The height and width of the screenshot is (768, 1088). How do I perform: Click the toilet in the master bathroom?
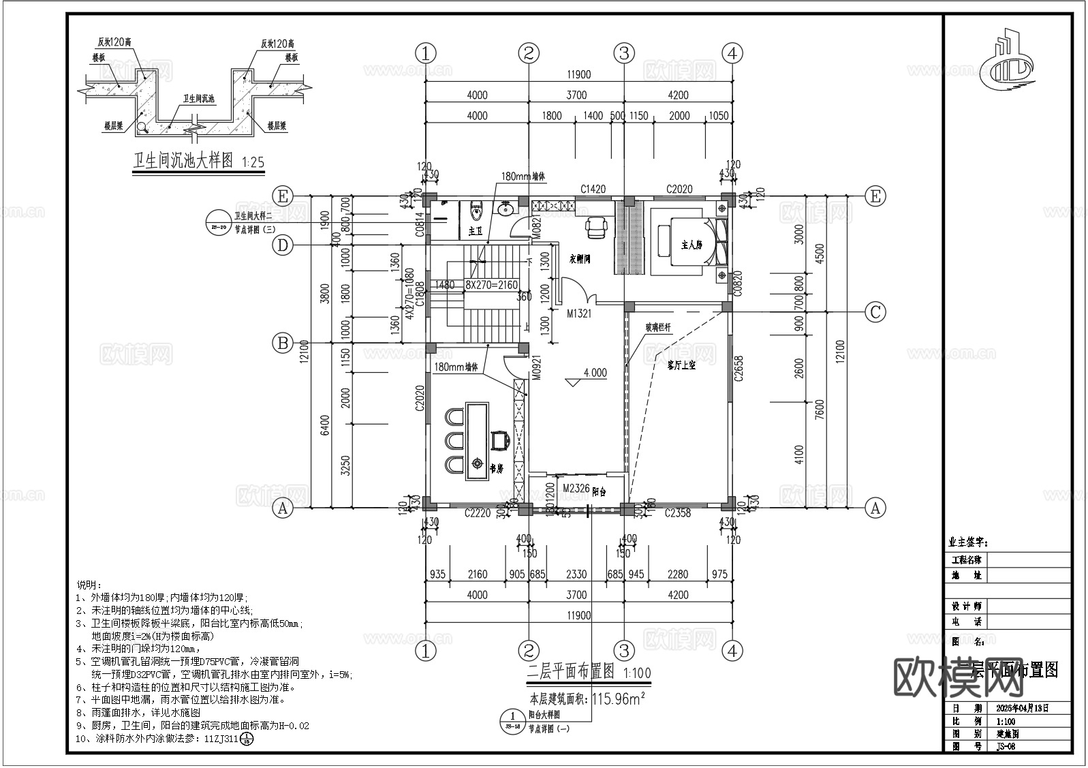[476, 212]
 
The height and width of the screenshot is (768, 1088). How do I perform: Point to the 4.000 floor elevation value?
[594, 373]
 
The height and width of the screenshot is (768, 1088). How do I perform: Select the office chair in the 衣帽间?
[597, 226]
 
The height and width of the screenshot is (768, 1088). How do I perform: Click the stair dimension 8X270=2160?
[492, 285]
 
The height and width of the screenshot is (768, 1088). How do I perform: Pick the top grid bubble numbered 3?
[623, 52]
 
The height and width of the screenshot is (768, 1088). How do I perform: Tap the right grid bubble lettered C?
[875, 312]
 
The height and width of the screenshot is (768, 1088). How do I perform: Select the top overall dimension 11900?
[577, 75]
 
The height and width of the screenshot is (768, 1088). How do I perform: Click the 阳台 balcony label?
[599, 491]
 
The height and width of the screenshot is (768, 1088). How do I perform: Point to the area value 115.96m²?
[617, 698]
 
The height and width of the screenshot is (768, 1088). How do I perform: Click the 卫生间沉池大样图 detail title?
[183, 161]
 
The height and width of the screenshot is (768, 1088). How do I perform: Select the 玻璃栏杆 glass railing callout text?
[658, 328]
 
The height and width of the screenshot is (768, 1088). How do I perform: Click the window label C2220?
[478, 513]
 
